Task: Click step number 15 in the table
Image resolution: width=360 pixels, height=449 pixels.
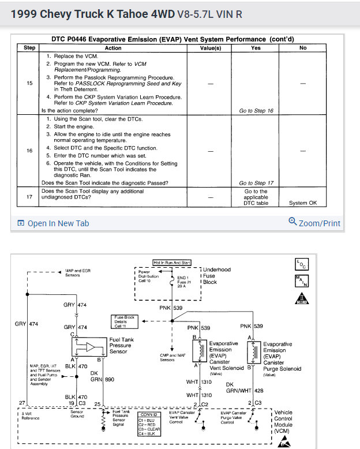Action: pyautogui.click(x=29, y=83)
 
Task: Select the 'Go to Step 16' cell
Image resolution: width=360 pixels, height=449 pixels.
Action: pyautogui.click(x=256, y=110)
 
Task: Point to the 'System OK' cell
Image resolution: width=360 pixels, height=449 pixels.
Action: pyautogui.click(x=303, y=203)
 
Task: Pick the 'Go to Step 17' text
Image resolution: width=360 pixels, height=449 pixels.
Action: pyautogui.click(x=256, y=183)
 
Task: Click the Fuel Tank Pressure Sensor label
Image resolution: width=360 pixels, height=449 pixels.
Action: pyautogui.click(x=121, y=346)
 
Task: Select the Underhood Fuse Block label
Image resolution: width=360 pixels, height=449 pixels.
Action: pyautogui.click(x=217, y=276)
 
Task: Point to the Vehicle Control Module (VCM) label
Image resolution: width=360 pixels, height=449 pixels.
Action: pyautogui.click(x=283, y=421)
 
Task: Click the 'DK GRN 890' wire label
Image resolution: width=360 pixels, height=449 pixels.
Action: pyautogui.click(x=99, y=376)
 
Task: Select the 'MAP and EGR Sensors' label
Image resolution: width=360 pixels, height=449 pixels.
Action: pyautogui.click(x=78, y=272)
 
